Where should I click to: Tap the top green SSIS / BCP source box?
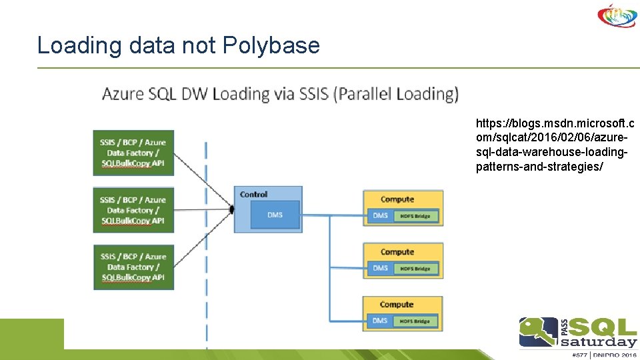tap(133, 153)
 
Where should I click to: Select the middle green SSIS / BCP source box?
tap(133, 210)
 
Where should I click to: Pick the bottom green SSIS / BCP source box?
tap(133, 267)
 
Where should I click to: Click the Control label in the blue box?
tap(253, 194)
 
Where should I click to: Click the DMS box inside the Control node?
tap(275, 215)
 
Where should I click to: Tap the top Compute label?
tap(397, 199)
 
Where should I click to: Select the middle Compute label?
tap(397, 251)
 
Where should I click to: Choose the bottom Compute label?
tap(397, 304)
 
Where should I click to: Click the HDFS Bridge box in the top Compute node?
tap(415, 216)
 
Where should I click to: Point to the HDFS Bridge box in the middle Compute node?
tap(415, 269)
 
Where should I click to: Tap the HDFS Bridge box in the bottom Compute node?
tap(415, 321)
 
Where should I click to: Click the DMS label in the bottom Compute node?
tap(380, 321)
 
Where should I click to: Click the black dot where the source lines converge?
tap(232, 209)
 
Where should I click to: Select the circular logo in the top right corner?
tap(617, 15)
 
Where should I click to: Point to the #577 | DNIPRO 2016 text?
tap(579, 354)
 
